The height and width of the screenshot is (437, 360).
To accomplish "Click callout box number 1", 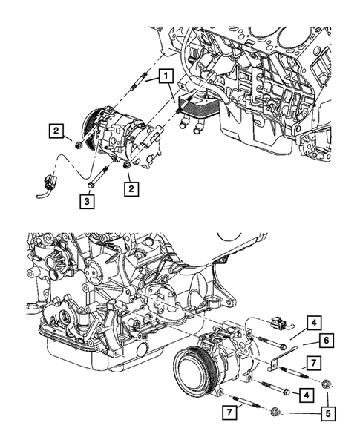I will pos(164,76).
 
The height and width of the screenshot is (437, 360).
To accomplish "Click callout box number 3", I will pos(88,201).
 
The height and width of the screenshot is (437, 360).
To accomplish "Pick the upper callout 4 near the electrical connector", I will pos(314,323).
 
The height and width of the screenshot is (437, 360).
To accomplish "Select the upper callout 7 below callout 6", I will pos(314,362).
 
